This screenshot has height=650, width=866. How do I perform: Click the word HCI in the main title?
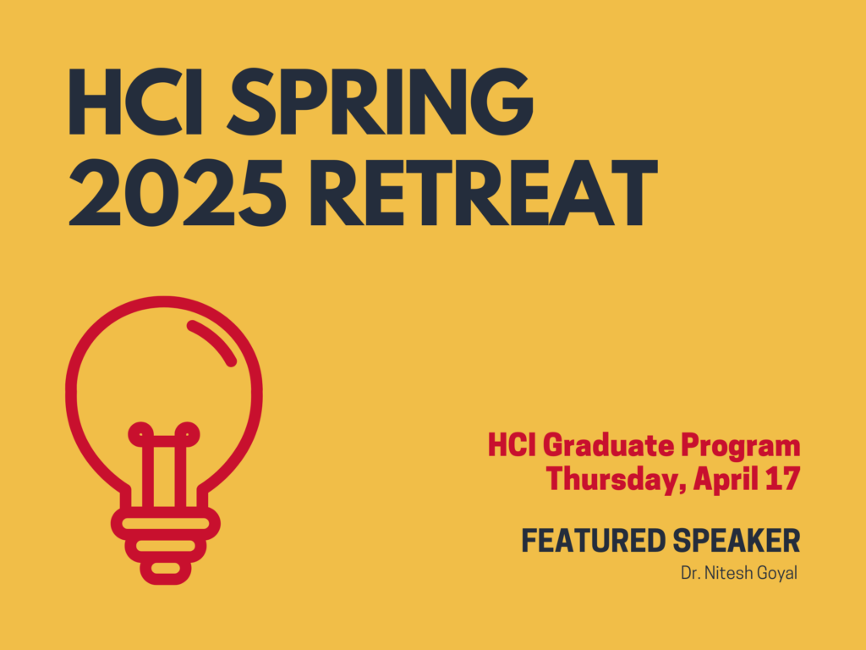pyautogui.click(x=135, y=102)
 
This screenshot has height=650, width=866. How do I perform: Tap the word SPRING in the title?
pyautogui.click(x=380, y=102)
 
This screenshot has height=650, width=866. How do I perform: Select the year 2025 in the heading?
pyautogui.click(x=178, y=192)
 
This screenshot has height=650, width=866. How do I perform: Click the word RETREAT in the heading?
pyautogui.click(x=484, y=192)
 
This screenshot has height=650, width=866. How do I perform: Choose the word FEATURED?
pyautogui.click(x=594, y=541)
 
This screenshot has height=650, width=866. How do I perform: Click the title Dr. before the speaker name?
pyautogui.click(x=690, y=573)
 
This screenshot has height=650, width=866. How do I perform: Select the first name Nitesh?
pyautogui.click(x=724, y=573)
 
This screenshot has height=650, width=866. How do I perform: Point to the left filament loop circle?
pyautogui.click(x=140, y=434)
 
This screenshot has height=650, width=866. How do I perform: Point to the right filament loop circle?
pyautogui.click(x=187, y=434)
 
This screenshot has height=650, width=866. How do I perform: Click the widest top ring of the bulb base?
pyautogui.click(x=166, y=523)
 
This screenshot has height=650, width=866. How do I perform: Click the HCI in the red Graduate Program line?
pyautogui.click(x=512, y=446)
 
